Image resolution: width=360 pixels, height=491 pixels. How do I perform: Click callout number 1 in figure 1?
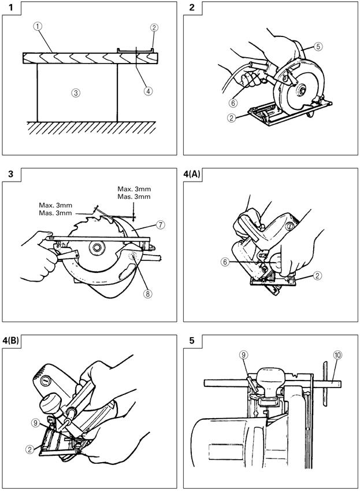pos(38,26)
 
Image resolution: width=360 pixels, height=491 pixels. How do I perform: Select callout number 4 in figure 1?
pos(148,91)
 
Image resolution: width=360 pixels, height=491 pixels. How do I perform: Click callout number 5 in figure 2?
pos(318,46)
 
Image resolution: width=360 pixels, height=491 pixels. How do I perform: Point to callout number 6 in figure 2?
pos(233,102)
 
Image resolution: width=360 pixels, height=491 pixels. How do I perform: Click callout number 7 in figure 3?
pos(160,224)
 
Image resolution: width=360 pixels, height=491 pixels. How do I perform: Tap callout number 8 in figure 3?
pos(147,293)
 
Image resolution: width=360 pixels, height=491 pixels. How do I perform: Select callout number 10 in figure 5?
pos(337,355)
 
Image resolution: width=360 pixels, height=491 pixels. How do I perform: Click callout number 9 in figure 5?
pos(244,355)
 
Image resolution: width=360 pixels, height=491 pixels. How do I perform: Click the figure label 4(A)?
pos(192,174)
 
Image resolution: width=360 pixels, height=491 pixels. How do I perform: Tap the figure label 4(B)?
pos(11,341)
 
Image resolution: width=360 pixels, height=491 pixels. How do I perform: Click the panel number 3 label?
pos(11,174)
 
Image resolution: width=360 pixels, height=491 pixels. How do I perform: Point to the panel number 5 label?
pos(192,341)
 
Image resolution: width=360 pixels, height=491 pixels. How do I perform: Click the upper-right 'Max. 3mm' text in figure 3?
pos(134,189)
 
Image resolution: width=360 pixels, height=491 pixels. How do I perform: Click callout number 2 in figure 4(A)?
pos(317,275)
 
